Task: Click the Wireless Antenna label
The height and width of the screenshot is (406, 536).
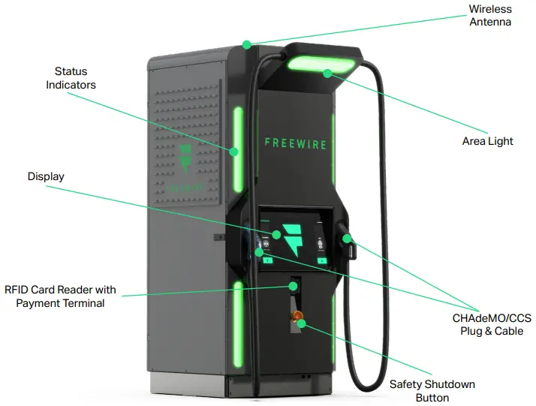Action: pyautogui.click(x=489, y=15)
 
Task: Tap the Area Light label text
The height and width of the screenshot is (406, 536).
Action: pyautogui.click(x=487, y=141)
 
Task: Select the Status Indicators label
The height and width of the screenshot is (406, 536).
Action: pyautogui.click(x=71, y=78)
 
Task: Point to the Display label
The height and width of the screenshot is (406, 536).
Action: pyautogui.click(x=46, y=176)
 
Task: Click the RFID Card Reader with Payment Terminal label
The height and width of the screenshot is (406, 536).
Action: pyautogui.click(x=60, y=296)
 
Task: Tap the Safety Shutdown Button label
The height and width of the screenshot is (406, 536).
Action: pyautogui.click(x=432, y=391)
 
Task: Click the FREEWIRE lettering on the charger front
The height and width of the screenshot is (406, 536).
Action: pyautogui.click(x=295, y=142)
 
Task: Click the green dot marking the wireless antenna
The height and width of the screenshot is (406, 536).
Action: pyautogui.click(x=246, y=44)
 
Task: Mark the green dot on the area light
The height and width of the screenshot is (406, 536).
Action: pyautogui.click(x=327, y=73)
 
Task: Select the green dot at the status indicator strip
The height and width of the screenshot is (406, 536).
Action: pyautogui.click(x=234, y=152)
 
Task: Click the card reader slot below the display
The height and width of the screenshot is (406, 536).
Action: pyautogui.click(x=294, y=285)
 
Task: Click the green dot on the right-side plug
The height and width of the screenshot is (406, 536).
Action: pyautogui.click(x=348, y=239)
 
